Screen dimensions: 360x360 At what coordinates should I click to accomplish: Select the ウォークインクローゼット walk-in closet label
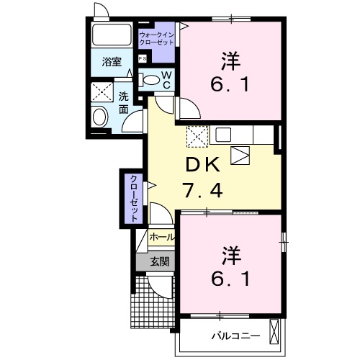coord(156,37)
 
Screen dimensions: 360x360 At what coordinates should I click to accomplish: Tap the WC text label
coord(165,81)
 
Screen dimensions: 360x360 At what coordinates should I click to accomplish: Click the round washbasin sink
coord(101,115)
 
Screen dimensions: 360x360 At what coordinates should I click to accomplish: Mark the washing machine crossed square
coord(100,93)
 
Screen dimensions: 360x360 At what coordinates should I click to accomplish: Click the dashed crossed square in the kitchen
coord(197,135)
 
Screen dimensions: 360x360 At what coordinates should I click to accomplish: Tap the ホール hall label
coord(161,236)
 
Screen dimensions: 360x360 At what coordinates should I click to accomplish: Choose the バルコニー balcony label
coord(231,336)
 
